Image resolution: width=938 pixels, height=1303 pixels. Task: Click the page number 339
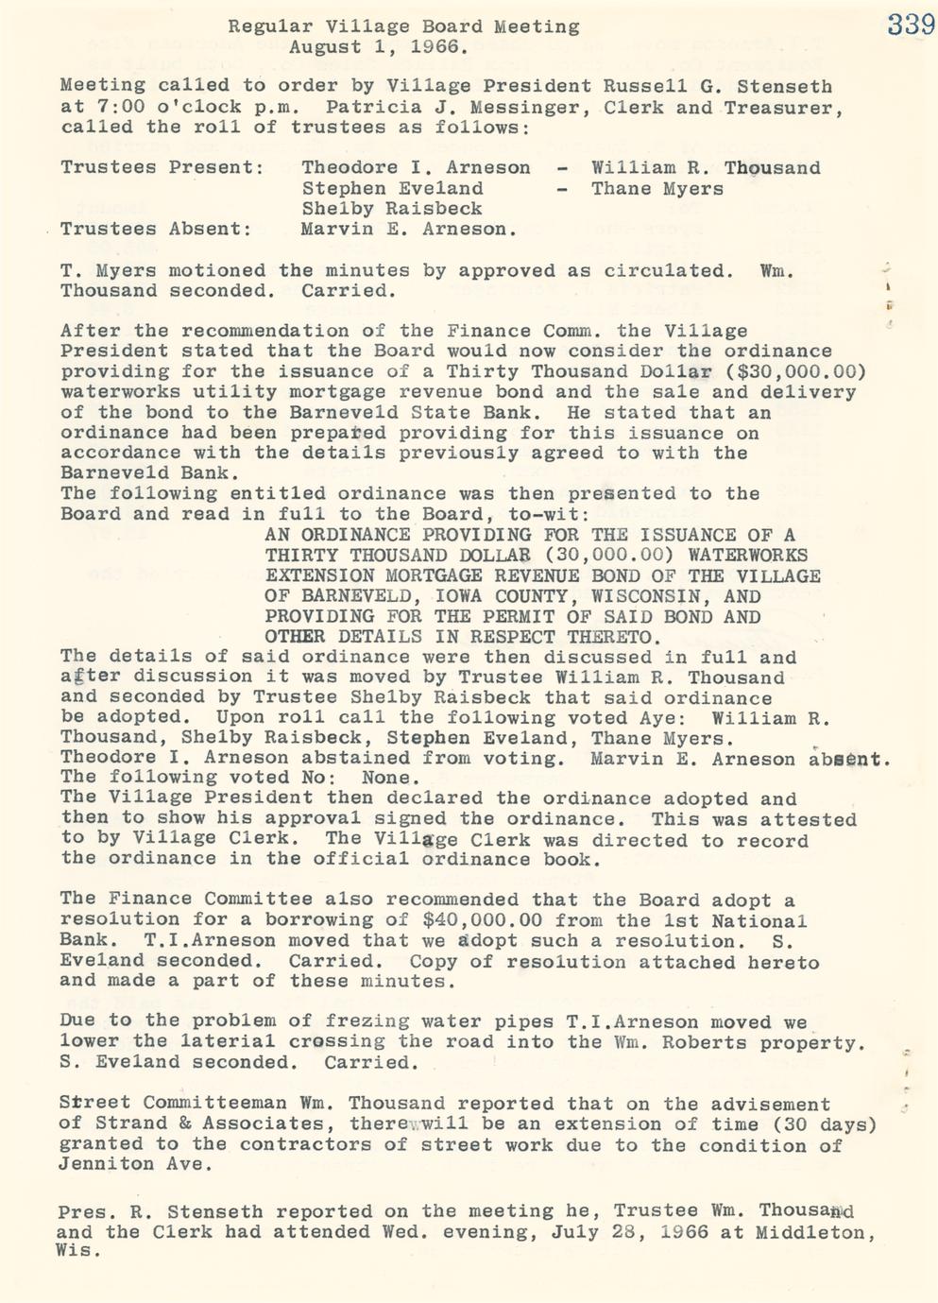pyautogui.click(x=911, y=24)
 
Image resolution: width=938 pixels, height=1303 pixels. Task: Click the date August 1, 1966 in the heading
pyautogui.click(x=377, y=46)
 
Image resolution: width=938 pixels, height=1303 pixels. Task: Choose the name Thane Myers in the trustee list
pyautogui.click(x=657, y=189)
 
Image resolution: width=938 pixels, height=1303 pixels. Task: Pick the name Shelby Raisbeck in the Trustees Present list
pyautogui.click(x=392, y=209)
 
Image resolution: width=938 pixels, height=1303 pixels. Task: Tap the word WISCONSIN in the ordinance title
pyautogui.click(x=653, y=596)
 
